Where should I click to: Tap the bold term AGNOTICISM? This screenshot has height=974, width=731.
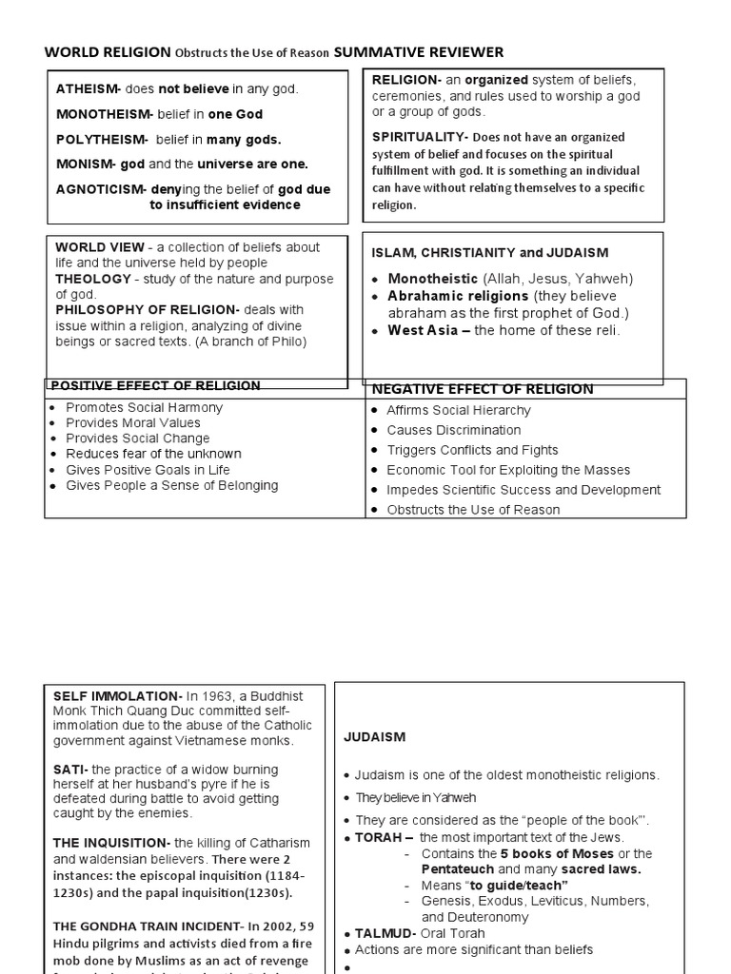pyautogui.click(x=100, y=189)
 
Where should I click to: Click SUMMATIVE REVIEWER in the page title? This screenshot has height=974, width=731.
pyautogui.click(x=419, y=52)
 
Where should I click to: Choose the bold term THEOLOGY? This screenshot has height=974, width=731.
pyautogui.click(x=93, y=279)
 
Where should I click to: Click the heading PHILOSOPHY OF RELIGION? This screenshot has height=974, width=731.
pyautogui.click(x=147, y=310)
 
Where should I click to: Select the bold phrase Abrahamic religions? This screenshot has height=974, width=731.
pyautogui.click(x=458, y=296)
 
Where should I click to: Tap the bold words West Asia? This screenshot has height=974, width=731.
pyautogui.click(x=428, y=331)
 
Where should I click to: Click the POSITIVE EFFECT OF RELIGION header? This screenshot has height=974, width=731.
pyautogui.click(x=155, y=386)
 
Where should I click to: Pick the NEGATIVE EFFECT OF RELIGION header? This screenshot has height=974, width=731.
pyautogui.click(x=482, y=389)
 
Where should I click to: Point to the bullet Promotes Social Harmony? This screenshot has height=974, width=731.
pyautogui.click(x=144, y=407)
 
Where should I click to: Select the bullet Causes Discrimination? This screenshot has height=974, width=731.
pyautogui.click(x=453, y=430)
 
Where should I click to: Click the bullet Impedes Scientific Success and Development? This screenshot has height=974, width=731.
pyautogui.click(x=523, y=490)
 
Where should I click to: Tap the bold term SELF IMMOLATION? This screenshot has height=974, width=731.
pyautogui.click(x=117, y=696)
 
